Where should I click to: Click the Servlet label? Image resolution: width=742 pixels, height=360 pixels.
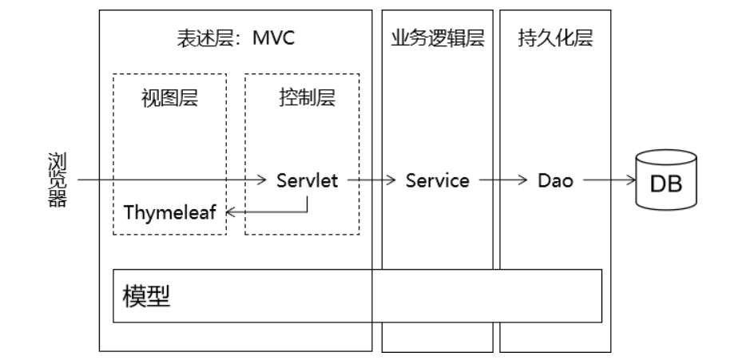click(x=308, y=181)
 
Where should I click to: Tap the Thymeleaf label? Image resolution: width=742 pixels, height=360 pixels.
click(x=170, y=212)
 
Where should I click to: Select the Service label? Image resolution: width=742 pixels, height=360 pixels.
click(x=437, y=181)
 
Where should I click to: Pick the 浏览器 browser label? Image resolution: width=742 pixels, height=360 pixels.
click(x=57, y=180)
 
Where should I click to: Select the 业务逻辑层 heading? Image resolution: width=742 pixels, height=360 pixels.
click(x=437, y=39)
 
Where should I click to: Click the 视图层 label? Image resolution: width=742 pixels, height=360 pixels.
click(x=169, y=99)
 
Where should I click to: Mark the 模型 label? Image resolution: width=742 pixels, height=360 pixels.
click(x=148, y=295)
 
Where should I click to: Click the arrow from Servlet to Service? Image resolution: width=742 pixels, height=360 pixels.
click(x=371, y=181)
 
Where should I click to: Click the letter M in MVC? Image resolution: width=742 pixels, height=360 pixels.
click(x=259, y=39)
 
